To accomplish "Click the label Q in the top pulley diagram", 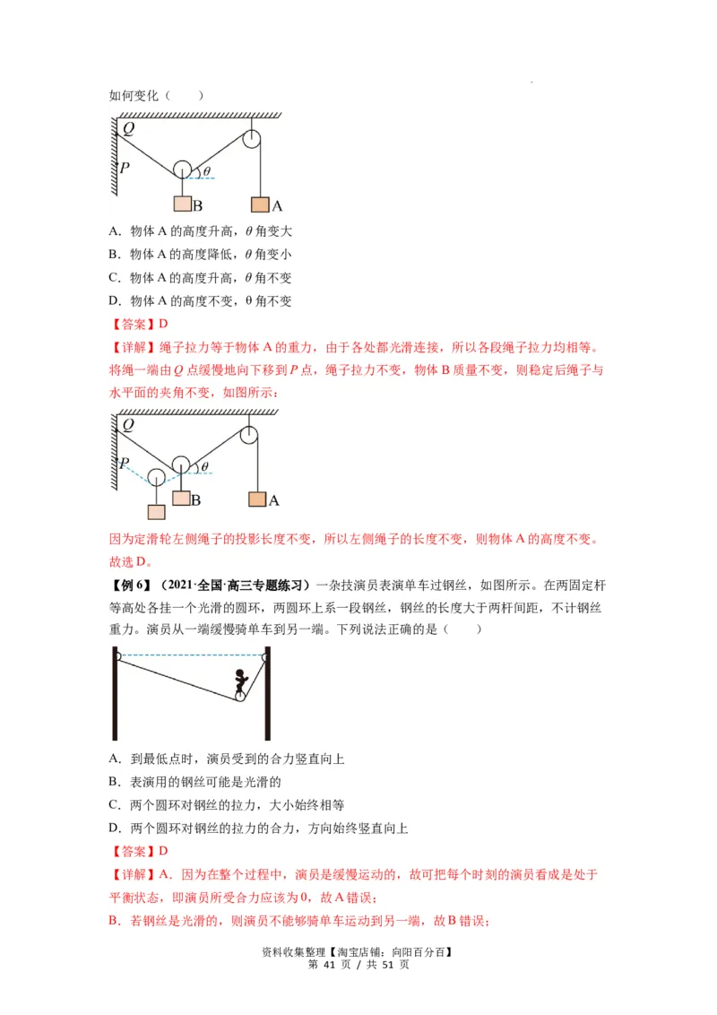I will tap(128, 129).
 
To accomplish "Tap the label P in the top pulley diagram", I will tap(125, 167).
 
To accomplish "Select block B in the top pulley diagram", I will tap(182, 203).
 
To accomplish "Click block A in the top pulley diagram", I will tap(260, 204).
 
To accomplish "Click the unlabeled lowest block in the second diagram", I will tap(157, 512).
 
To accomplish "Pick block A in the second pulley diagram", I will tap(257, 499).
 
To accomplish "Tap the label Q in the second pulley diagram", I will tap(128, 425).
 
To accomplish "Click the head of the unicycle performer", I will tap(239, 674).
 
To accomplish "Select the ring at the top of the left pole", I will tap(117, 655).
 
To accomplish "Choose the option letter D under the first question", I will tap(114, 301).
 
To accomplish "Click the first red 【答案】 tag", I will tap(131, 325).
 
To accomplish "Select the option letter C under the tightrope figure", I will tap(114, 805).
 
